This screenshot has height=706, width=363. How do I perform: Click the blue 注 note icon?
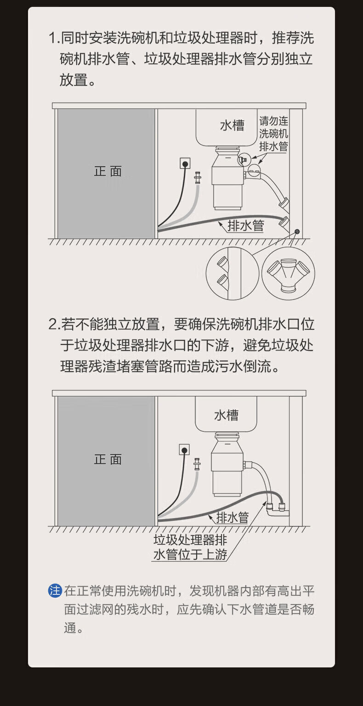55,590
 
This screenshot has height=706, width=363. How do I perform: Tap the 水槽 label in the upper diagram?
232,125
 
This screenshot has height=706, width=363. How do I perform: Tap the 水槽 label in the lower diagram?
226,415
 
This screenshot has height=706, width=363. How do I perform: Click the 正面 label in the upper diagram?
108,171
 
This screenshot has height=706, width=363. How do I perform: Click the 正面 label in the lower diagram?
108,459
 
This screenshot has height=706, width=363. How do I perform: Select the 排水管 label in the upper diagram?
246,226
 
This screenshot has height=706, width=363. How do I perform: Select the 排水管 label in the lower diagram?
233,517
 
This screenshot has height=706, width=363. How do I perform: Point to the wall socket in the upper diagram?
185,164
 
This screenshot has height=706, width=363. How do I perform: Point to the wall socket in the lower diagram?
184,449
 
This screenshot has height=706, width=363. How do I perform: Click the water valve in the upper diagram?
198,178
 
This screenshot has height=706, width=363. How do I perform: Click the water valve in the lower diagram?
197,464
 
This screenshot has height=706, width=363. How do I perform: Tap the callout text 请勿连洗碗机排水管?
274,134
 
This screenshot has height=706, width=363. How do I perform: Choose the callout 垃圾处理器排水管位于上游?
190,547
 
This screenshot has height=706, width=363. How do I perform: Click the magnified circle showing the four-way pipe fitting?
288,273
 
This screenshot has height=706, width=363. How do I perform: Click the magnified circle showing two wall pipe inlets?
233,273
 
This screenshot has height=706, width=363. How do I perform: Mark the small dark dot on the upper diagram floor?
297,232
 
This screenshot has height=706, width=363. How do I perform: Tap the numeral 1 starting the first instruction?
52,38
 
